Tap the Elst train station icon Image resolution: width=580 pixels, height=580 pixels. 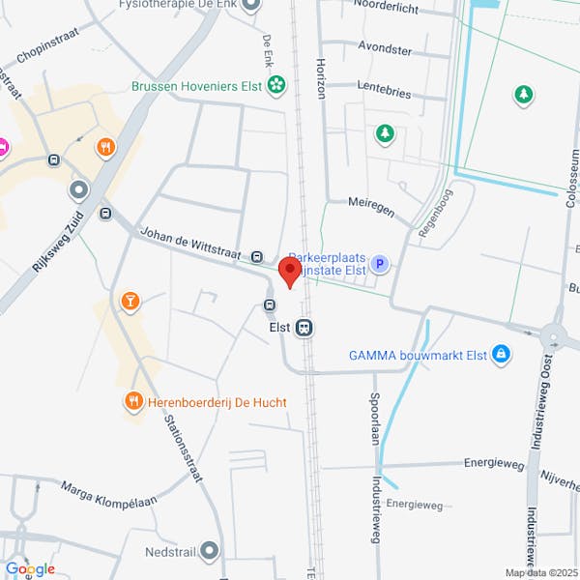304,328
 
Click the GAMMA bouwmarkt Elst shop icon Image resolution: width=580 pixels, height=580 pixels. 500,355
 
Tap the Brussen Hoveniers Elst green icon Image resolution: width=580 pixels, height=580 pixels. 276,85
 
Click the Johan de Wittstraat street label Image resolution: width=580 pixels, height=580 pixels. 192,245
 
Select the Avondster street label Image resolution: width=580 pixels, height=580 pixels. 385,49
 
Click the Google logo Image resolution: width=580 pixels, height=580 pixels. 30,568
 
